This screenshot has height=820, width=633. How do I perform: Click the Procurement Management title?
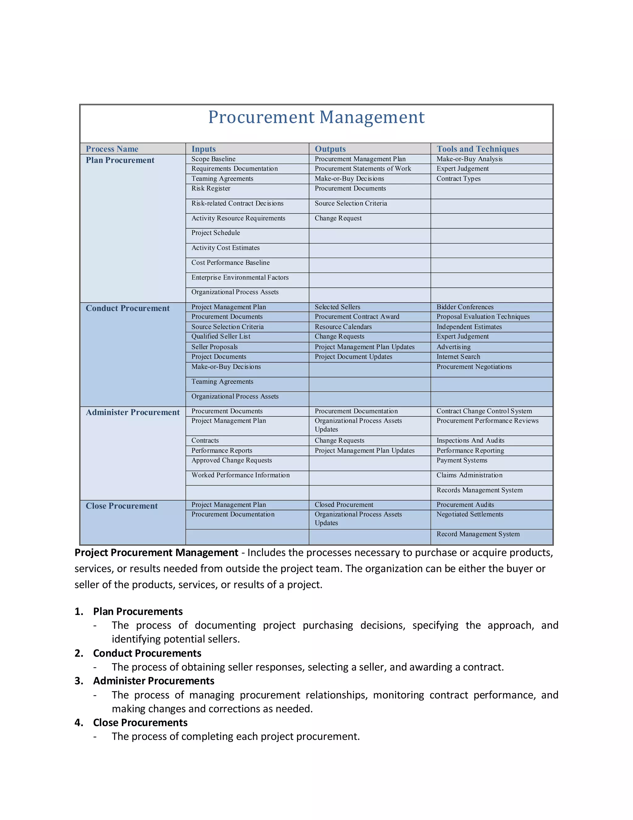[x=316, y=117]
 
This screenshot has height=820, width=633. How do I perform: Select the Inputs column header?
[x=204, y=149]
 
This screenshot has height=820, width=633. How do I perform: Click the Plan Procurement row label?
[x=120, y=160]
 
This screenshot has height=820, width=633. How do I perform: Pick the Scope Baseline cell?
[x=213, y=159]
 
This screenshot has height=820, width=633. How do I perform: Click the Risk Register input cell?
[x=211, y=188]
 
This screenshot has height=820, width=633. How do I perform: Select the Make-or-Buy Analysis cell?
[x=469, y=159]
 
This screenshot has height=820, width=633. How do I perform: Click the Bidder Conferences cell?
[x=465, y=307]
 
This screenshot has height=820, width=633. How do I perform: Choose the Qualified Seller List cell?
[x=221, y=337]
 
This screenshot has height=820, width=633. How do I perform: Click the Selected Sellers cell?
[x=337, y=307]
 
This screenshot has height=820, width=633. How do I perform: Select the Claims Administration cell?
[x=469, y=475]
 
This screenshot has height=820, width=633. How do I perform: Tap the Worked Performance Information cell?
[x=240, y=475]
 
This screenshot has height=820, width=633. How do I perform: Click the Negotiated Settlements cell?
[x=469, y=514]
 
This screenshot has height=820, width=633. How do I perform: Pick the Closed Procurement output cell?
[x=344, y=505]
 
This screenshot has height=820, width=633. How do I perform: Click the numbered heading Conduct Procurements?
[x=147, y=653]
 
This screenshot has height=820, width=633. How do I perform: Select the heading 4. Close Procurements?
[x=140, y=723]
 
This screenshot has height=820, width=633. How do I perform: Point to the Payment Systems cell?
[x=462, y=461]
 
